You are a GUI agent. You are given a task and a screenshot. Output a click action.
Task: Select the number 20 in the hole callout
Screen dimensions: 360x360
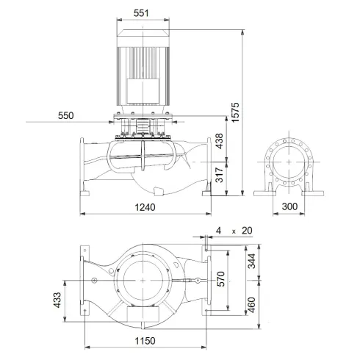point(247,231)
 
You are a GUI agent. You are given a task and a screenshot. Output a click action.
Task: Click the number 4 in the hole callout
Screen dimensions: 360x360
point(218,231)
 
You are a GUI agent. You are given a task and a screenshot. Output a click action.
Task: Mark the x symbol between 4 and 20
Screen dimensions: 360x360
point(233,231)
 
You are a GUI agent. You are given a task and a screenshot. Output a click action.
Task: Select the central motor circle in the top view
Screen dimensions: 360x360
point(140,280)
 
